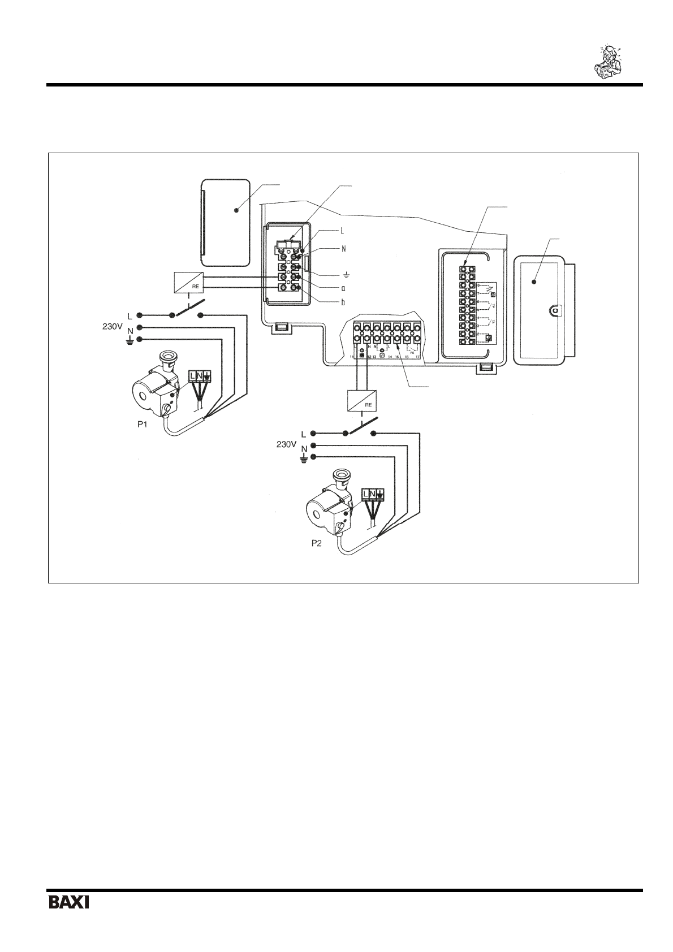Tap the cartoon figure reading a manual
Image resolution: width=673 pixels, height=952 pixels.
[609, 60]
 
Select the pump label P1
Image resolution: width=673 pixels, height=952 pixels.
[144, 425]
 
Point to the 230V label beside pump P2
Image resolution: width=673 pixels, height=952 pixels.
[287, 445]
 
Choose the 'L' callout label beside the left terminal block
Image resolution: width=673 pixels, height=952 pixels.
[342, 231]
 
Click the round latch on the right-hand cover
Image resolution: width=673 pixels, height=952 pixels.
[555, 310]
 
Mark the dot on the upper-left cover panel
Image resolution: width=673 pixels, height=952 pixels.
[237, 210]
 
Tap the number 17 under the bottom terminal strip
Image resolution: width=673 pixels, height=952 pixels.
[417, 357]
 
